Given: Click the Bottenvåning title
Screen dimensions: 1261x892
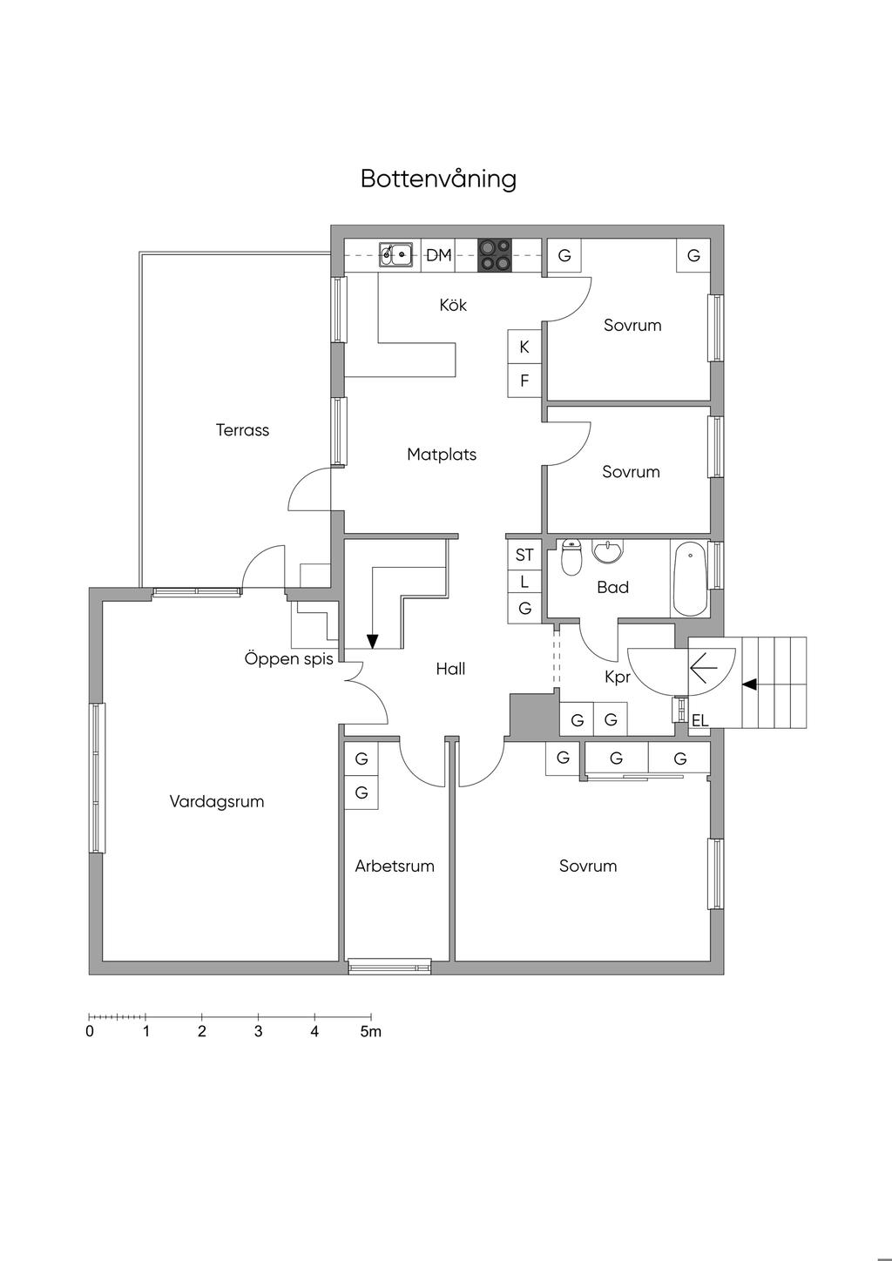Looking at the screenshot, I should point(438,179).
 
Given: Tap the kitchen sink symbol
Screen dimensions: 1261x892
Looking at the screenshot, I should point(395,255).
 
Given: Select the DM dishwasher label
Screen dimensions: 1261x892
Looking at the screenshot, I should point(439,255).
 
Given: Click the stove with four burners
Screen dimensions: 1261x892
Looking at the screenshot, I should point(496,254).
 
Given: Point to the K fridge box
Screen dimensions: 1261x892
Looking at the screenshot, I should point(524,347).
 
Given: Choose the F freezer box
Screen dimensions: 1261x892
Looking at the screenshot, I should point(524,381).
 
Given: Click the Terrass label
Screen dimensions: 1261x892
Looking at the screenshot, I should point(242,430).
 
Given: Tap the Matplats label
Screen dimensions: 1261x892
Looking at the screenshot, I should point(442,455).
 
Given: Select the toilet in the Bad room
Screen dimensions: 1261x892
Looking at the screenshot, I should point(571,558).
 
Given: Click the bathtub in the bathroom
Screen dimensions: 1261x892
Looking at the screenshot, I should point(689,579).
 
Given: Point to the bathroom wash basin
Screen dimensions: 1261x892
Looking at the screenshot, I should point(607,551).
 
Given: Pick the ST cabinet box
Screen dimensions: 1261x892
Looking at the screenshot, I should point(524,556).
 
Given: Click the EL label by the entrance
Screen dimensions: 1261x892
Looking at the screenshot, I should point(699,721).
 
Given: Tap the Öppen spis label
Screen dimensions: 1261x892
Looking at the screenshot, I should point(288,659).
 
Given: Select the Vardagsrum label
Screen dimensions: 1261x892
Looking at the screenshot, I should point(217,802).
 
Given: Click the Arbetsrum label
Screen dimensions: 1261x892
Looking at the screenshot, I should point(395,867).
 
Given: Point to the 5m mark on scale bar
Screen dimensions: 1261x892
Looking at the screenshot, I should point(371,1032).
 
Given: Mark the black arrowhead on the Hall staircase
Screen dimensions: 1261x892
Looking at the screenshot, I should point(373,642).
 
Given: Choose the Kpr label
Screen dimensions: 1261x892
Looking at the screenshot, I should point(617,677).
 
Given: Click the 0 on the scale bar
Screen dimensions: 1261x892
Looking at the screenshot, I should point(90,1032).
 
